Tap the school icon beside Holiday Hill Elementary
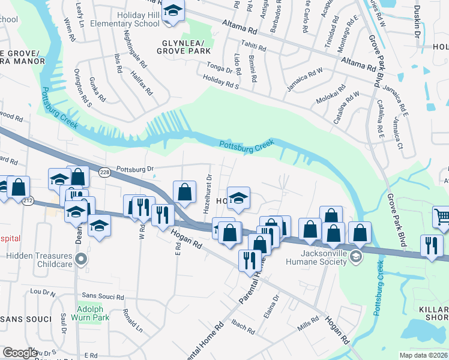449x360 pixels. click(x=173, y=11)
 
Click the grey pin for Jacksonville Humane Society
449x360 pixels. click(x=356, y=257)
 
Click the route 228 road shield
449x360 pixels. click(x=105, y=172)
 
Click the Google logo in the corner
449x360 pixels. click(x=20, y=353)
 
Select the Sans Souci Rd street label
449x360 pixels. click(x=103, y=297)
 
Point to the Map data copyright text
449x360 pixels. click(x=423, y=355)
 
